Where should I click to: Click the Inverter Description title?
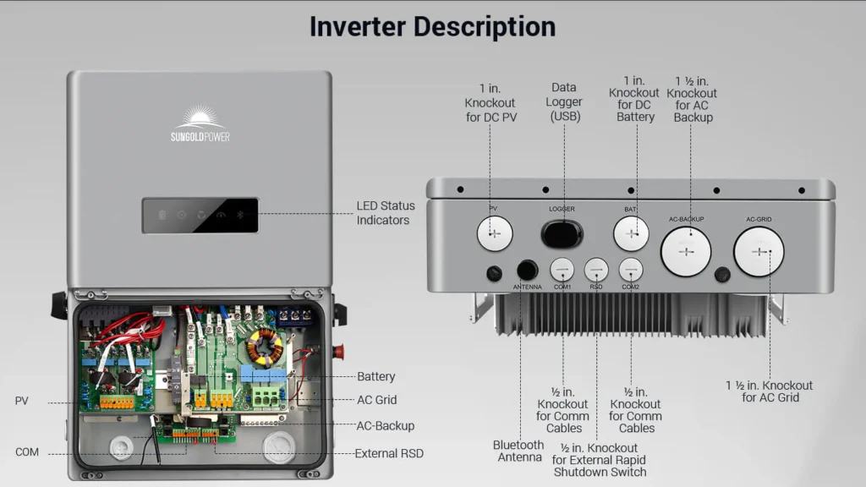point(432,26)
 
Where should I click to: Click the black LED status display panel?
point(200,216)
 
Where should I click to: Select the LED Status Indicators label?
point(386,213)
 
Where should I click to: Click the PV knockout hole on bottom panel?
point(495,233)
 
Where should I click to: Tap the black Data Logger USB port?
point(562,233)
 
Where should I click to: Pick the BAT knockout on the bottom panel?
point(631,233)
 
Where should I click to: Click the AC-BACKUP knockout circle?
point(686,251)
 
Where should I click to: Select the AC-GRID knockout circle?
point(759,251)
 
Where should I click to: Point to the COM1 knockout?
point(562,270)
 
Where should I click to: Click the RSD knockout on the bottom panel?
point(596,270)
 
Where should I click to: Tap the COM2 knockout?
point(631,270)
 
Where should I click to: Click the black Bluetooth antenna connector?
point(527,270)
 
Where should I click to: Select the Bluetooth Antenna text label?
point(518,451)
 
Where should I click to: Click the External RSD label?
point(389,453)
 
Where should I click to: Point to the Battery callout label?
point(375,376)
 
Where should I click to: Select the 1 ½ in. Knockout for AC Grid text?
point(770,391)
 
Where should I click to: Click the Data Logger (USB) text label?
point(564,101)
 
